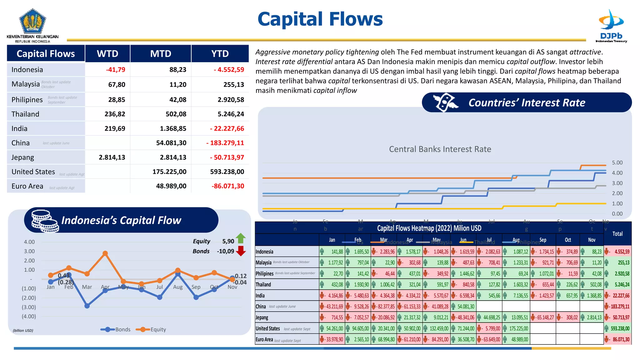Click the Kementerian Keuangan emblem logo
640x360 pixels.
(x=32, y=22)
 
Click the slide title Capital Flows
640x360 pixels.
(x=320, y=19)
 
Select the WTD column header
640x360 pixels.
(x=107, y=54)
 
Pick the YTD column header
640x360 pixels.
(x=220, y=54)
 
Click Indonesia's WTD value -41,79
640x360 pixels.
(x=115, y=70)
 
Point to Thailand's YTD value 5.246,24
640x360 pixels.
(x=231, y=114)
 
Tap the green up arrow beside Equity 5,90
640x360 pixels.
(x=241, y=238)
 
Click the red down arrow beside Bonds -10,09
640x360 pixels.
(x=241, y=251)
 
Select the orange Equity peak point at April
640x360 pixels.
(x=105, y=253)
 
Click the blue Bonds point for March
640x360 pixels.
(x=87, y=306)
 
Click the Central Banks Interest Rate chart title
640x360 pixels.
(x=440, y=149)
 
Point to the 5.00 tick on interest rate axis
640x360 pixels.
(x=617, y=163)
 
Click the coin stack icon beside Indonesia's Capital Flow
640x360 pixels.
(x=45, y=221)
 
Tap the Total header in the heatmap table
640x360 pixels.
(x=617, y=234)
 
